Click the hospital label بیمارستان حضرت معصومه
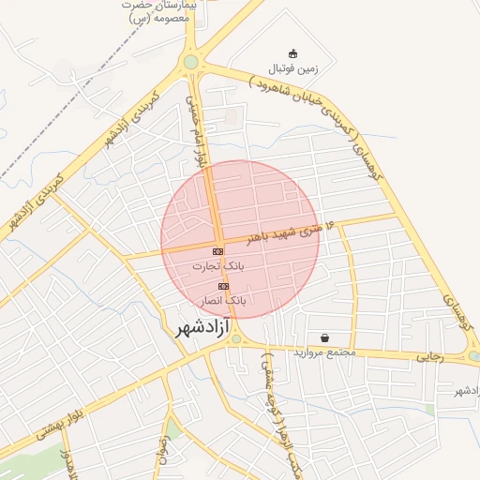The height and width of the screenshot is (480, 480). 157,10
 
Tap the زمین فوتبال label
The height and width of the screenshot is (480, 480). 294,68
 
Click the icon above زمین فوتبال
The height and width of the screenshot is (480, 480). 293,52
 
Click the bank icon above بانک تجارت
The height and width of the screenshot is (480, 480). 217,252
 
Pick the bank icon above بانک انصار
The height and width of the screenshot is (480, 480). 223,286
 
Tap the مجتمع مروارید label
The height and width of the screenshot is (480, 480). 324,352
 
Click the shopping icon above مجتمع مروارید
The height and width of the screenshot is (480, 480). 324,337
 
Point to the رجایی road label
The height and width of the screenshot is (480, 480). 427,355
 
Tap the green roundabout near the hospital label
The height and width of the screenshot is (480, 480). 191,62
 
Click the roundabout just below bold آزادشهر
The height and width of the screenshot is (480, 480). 235,339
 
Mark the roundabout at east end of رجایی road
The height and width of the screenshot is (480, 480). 474,356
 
